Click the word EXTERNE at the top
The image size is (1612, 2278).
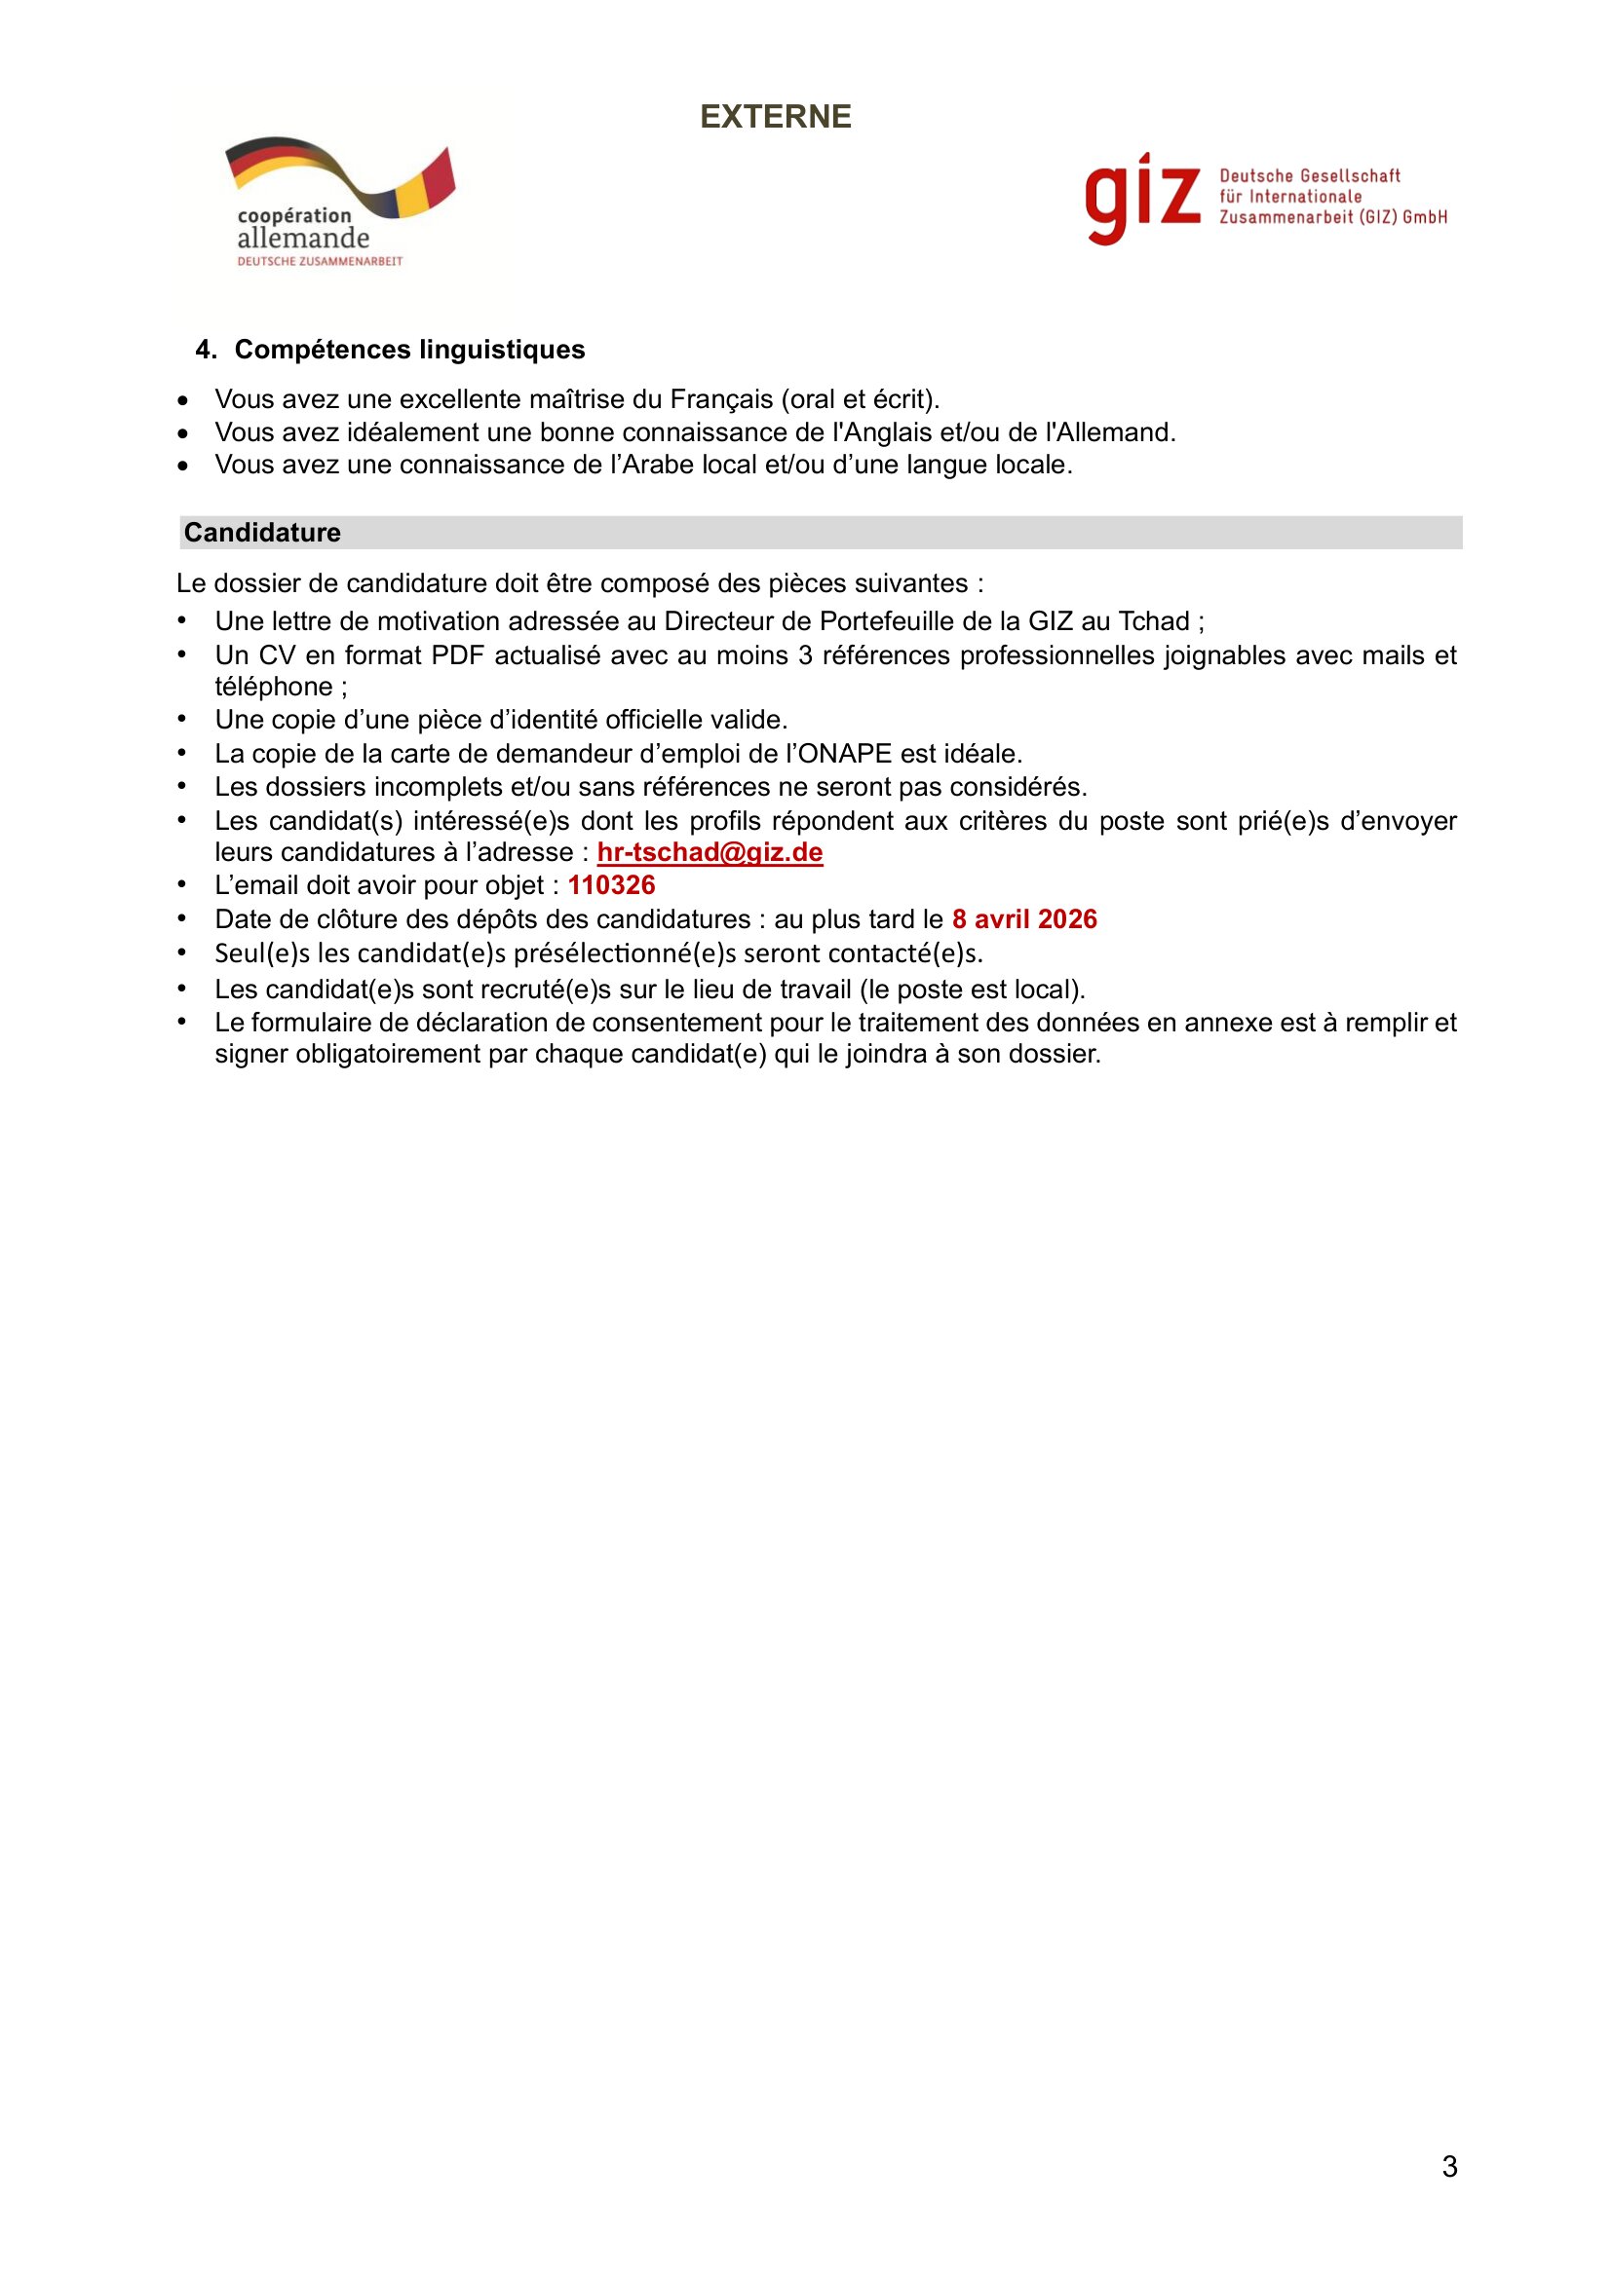[775, 117]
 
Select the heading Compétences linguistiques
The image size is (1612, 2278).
[409, 350]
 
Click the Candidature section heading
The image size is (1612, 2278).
[262, 533]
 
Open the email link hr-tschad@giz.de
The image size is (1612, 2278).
[710, 852]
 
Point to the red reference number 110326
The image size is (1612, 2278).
[611, 885]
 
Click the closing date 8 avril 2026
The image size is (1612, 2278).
[1024, 918]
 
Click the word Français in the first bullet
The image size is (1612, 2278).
[720, 399]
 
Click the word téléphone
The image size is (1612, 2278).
[274, 687]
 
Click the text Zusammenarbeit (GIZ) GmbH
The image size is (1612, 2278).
[1333, 217]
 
